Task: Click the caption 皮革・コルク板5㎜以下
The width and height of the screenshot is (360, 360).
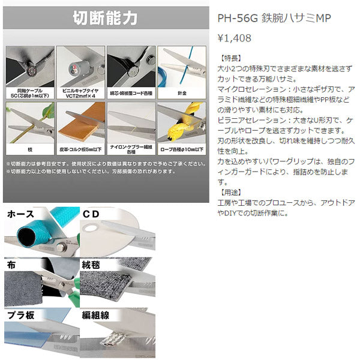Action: pyautogui.click(x=80, y=148)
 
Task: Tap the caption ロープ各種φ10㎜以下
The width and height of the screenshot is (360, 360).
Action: pyautogui.click(x=181, y=148)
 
